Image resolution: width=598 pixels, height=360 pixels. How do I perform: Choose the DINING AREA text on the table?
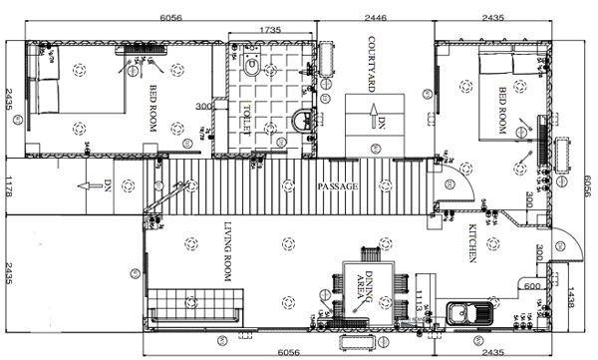point(370,283)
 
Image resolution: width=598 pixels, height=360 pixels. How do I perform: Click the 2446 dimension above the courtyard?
point(376,18)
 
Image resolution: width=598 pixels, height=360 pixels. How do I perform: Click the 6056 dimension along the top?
point(171,18)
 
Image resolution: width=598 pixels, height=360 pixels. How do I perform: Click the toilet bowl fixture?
point(252,68)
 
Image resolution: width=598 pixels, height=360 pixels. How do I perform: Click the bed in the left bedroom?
point(75,85)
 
